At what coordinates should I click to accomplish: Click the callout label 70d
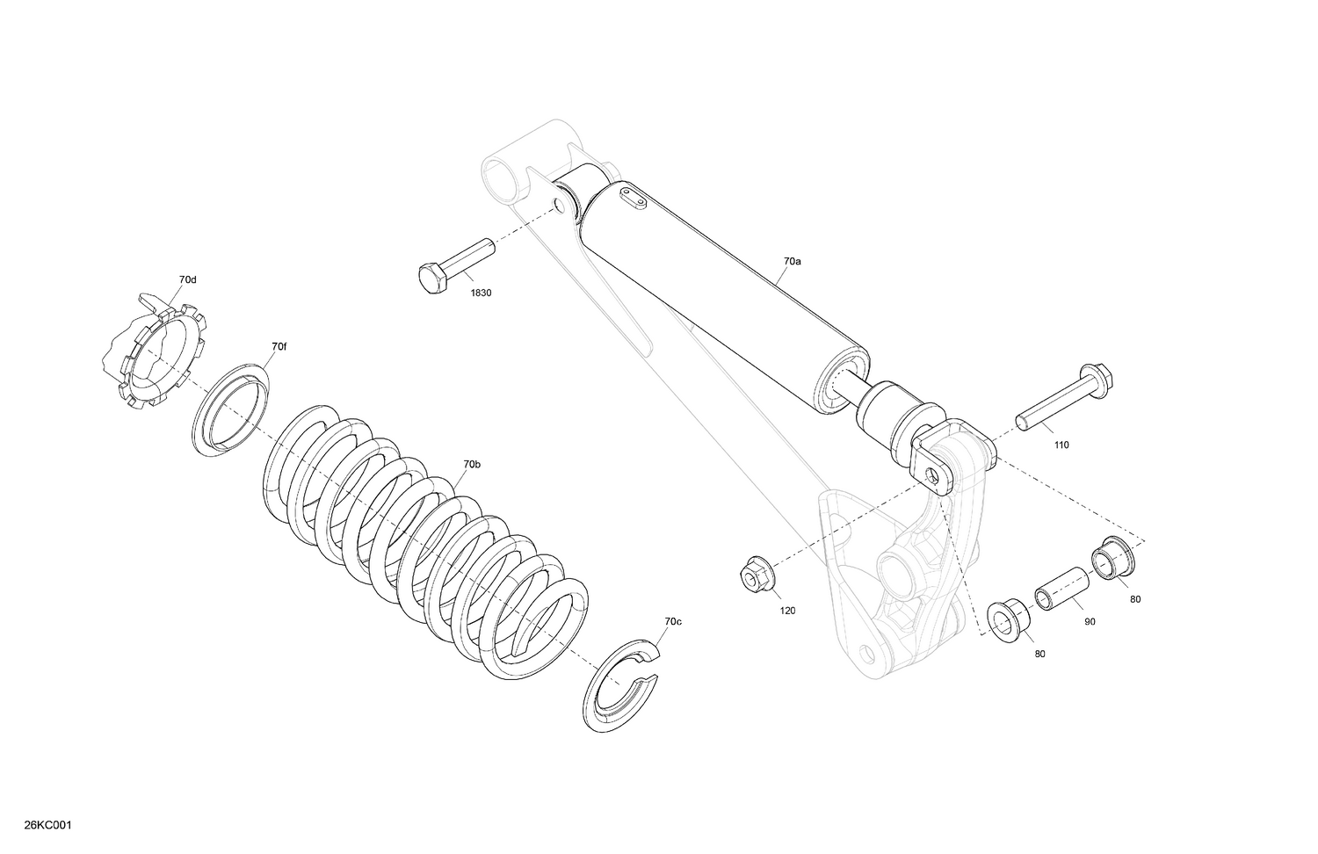coord(187,280)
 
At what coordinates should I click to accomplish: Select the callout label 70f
coord(279,347)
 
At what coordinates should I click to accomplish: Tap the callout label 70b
coord(472,464)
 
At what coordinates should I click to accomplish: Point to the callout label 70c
coord(672,622)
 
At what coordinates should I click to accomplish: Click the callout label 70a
coord(793,262)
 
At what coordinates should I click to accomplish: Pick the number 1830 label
coord(481,293)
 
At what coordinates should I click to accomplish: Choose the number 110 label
coord(1061,445)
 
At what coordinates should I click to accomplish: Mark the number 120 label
coord(787,610)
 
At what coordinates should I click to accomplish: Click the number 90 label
coord(1090,621)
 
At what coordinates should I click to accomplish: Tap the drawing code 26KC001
coord(48,825)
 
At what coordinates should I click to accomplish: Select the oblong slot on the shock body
coord(633,198)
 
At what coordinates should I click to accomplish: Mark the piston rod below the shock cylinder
coord(848,393)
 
